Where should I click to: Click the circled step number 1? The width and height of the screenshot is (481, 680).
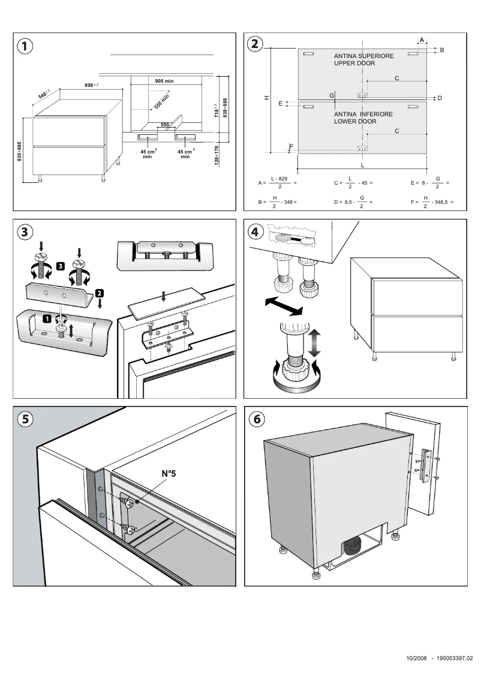click(25, 46)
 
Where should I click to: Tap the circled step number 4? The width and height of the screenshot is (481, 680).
click(256, 231)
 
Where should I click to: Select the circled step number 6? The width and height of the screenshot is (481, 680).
click(256, 419)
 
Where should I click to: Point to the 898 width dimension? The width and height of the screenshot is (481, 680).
click(91, 86)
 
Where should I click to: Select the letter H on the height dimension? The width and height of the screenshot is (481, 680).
click(266, 98)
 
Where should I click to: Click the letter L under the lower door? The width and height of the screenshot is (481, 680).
click(362, 164)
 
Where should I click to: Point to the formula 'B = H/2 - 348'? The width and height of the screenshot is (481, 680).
click(278, 202)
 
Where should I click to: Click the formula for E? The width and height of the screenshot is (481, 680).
click(430, 182)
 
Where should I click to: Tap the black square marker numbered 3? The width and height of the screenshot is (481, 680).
click(61, 265)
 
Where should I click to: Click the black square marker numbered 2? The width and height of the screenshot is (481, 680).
click(100, 293)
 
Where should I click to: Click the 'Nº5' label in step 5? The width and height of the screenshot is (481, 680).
click(170, 473)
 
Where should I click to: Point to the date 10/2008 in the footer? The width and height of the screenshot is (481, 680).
click(416, 658)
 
